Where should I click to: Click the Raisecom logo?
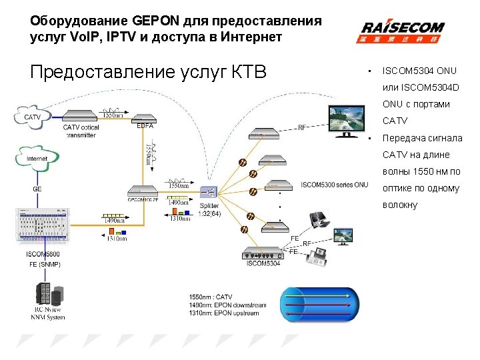pyautogui.click(x=403, y=31)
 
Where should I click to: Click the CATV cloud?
pyautogui.click(x=31, y=117)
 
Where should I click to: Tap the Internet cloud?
pyautogui.click(x=36, y=159)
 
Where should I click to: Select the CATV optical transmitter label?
pyautogui.click(x=81, y=131)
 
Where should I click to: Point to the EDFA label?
pyautogui.click(x=144, y=125)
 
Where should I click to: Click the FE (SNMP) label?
pyautogui.click(x=45, y=265)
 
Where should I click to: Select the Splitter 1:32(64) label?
pyautogui.click(x=210, y=209)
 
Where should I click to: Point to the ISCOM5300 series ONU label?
pyautogui.click(x=334, y=185)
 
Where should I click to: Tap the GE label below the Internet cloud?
pyautogui.click(x=38, y=189)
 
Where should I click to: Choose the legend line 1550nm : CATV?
pyautogui.click(x=211, y=296)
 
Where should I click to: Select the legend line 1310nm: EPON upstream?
pyautogui.click(x=227, y=313)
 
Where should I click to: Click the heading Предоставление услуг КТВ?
pyautogui.click(x=148, y=71)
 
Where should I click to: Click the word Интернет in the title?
pyautogui.click(x=251, y=37)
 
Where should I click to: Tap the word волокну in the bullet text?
pyautogui.click(x=399, y=205)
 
